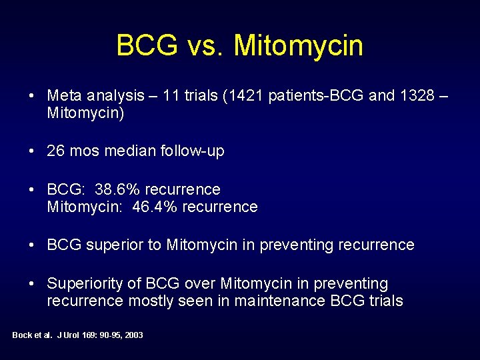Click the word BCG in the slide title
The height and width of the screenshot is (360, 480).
pyautogui.click(x=147, y=46)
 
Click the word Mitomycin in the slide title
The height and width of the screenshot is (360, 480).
pyautogui.click(x=299, y=46)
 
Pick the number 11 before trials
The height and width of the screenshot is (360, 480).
pyautogui.click(x=173, y=95)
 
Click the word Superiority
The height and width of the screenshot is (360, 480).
pyautogui.click(x=85, y=284)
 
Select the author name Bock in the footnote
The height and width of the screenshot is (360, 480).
pyautogui.click(x=22, y=335)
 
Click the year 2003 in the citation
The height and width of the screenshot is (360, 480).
pyautogui.click(x=133, y=335)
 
